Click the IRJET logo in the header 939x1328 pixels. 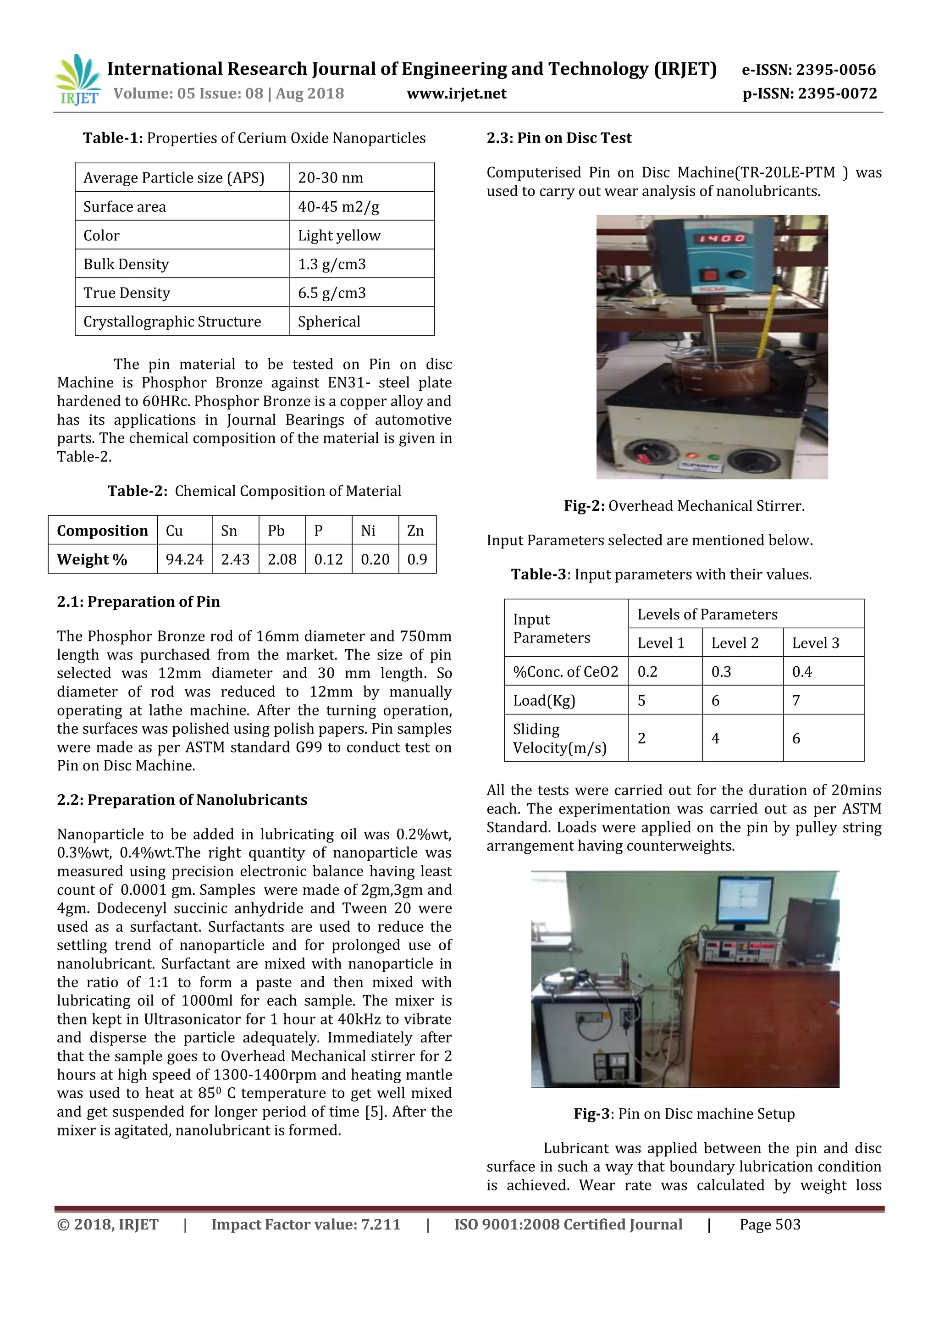[x=77, y=80]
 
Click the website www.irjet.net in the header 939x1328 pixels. [x=456, y=94]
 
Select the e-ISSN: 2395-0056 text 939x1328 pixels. [x=808, y=70]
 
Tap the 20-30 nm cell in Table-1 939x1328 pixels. [x=330, y=177]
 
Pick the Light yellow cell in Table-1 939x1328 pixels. [x=339, y=235]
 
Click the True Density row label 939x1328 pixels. [x=127, y=293]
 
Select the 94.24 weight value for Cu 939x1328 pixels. [x=184, y=559]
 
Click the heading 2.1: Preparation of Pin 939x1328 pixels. [x=138, y=602]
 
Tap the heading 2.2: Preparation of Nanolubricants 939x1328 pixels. [x=182, y=799]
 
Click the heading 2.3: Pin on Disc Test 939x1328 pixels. [x=558, y=138]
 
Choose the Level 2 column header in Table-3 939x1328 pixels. [x=735, y=642]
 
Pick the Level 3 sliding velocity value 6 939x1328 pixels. [x=796, y=738]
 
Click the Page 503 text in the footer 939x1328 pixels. [x=770, y=1224]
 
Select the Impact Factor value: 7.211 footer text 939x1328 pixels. [x=305, y=1224]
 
